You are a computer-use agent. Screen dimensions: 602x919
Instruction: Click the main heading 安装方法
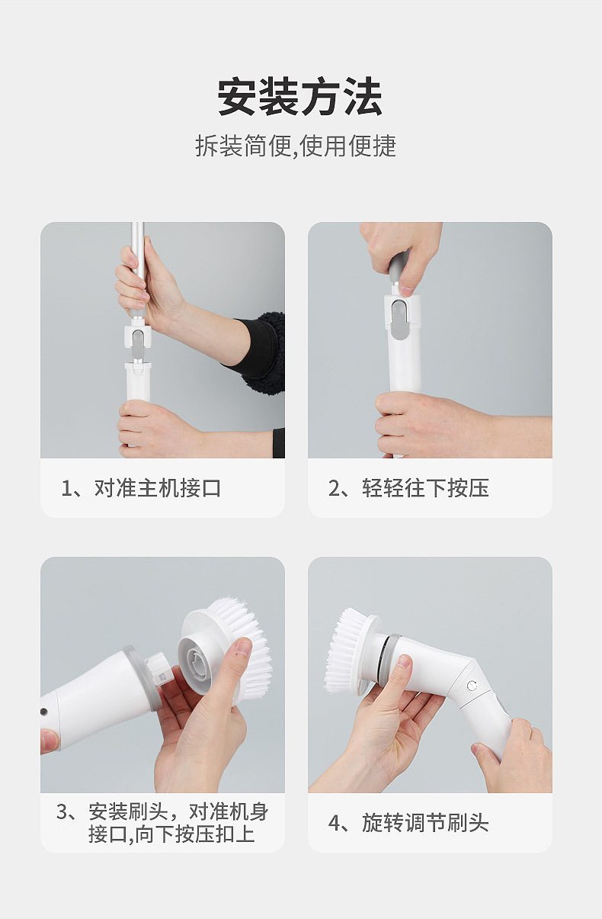(300, 97)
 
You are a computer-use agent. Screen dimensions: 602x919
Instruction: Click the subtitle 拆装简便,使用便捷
(296, 146)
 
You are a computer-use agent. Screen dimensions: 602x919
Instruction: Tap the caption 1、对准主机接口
(141, 488)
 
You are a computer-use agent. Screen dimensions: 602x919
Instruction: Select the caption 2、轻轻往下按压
(408, 488)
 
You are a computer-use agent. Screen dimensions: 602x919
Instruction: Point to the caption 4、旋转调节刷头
(408, 823)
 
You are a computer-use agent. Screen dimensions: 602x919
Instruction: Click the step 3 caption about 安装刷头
(162, 823)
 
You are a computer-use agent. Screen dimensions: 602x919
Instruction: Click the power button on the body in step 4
(472, 686)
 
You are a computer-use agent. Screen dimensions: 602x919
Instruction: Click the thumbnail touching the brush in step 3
(244, 648)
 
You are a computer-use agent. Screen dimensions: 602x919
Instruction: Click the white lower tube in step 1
(138, 381)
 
